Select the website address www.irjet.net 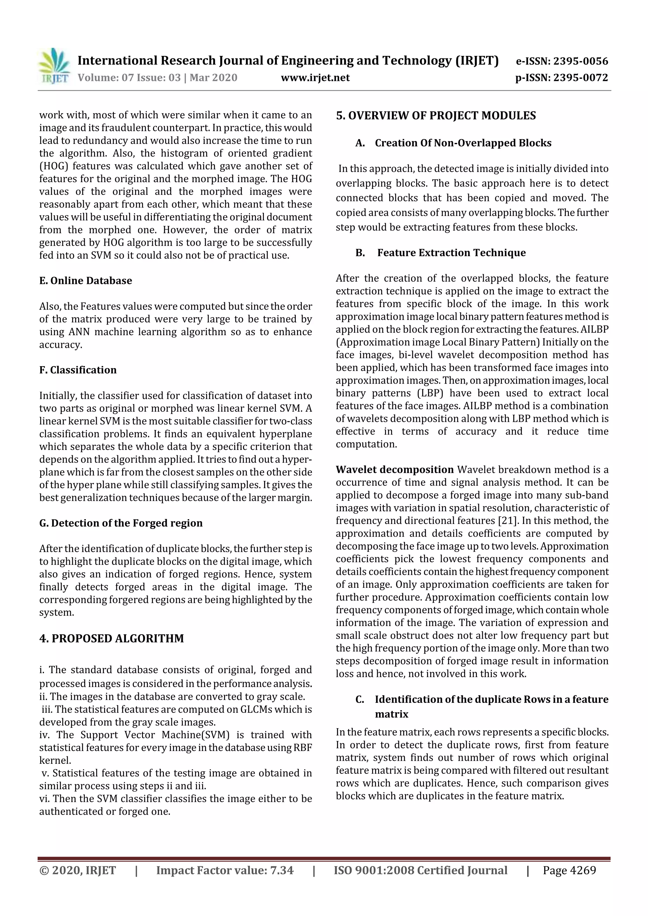(315, 78)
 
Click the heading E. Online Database (85, 281)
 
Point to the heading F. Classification (78, 370)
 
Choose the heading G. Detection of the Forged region (121, 523)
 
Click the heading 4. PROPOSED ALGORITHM (111, 639)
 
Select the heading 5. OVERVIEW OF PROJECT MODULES (436, 116)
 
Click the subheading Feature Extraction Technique (451, 253)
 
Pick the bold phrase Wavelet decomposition (395, 470)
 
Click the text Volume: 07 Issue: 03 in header (129, 78)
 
